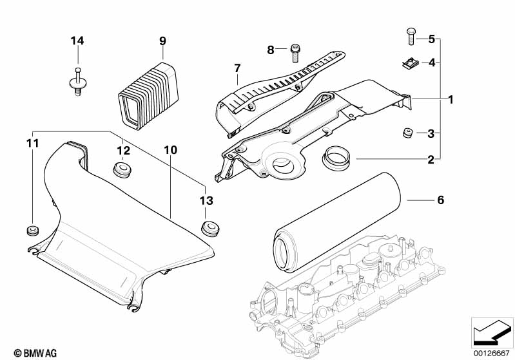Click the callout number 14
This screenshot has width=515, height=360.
(x=77, y=41)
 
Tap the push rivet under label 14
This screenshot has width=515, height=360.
(x=77, y=82)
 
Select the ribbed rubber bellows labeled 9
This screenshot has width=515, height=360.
(x=148, y=95)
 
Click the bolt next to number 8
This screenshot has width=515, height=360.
(x=295, y=53)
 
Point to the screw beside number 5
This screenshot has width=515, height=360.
(x=411, y=37)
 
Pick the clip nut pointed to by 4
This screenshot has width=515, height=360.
(x=409, y=63)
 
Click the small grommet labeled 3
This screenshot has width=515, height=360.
(x=407, y=133)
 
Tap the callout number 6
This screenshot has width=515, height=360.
(x=440, y=200)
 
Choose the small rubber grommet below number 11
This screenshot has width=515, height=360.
(x=32, y=231)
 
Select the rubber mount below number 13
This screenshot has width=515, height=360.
(x=210, y=229)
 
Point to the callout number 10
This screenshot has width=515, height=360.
(x=170, y=150)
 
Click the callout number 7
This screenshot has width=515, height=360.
(x=237, y=69)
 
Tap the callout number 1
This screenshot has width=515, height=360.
(x=451, y=99)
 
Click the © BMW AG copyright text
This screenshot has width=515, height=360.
(x=35, y=353)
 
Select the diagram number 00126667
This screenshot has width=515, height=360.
(x=492, y=354)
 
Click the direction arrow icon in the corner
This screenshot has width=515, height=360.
(x=492, y=332)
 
